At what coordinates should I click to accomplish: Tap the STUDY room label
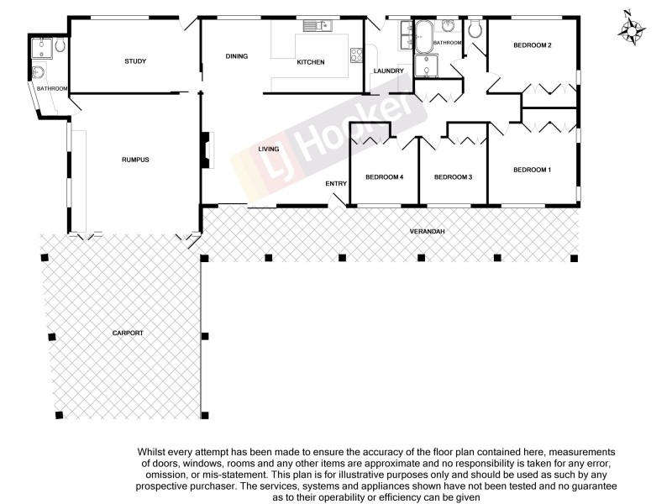click(135, 61)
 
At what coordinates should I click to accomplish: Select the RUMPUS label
click(135, 160)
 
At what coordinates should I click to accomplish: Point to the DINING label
click(236, 56)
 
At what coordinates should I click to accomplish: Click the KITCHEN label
click(311, 62)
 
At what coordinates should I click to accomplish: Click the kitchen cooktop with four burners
click(354, 55)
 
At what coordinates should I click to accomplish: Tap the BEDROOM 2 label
click(532, 45)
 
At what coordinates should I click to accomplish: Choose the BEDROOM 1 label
click(532, 171)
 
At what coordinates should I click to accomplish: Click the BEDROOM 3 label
click(453, 177)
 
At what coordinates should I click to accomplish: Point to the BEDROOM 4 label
click(385, 177)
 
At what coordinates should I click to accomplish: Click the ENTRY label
click(336, 184)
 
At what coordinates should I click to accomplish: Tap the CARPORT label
click(128, 333)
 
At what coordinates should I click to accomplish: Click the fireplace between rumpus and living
click(204, 149)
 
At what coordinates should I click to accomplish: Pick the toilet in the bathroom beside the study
click(60, 49)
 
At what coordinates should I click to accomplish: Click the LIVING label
click(268, 150)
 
